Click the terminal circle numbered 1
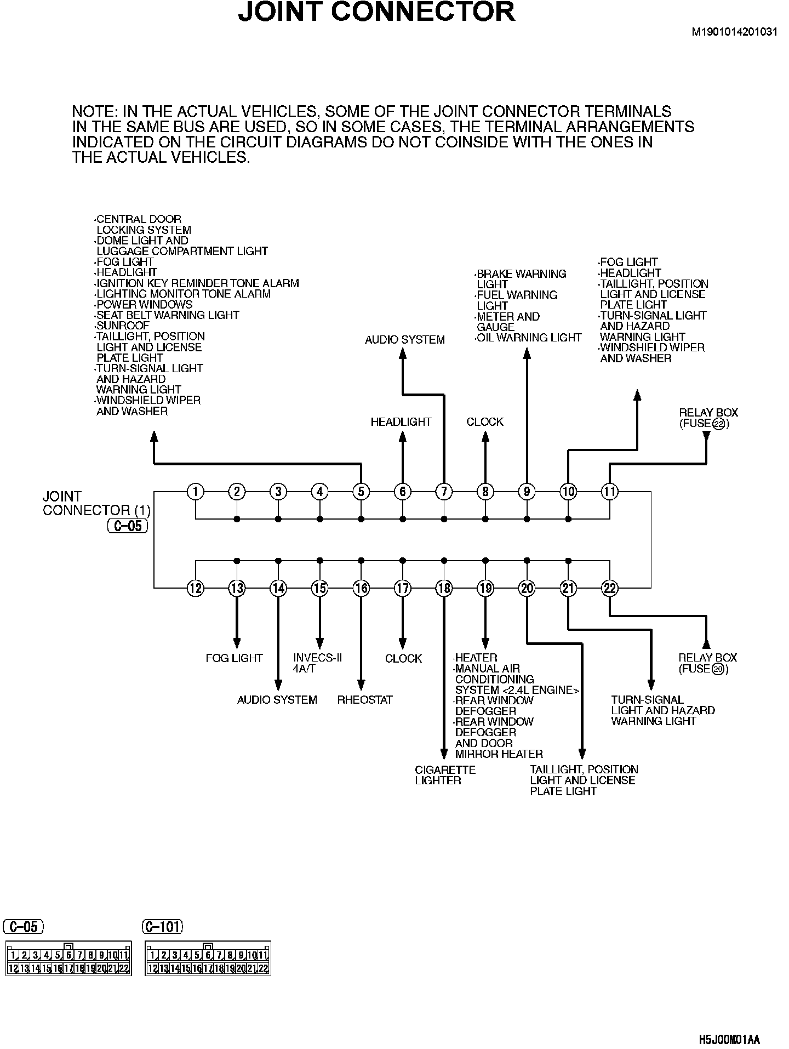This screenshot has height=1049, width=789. [195, 492]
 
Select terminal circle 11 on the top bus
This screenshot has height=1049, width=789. [609, 492]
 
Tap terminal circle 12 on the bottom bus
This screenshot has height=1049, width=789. [195, 588]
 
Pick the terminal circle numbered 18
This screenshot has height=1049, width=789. [444, 588]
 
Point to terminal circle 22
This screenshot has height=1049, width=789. [609, 588]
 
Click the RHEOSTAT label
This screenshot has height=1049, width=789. [365, 700]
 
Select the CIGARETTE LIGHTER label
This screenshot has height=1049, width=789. [445, 775]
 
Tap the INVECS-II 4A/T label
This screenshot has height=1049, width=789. [317, 663]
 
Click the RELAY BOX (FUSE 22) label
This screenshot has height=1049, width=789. [708, 418]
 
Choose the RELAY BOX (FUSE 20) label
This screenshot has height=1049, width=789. [707, 663]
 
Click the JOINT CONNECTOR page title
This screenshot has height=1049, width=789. [376, 12]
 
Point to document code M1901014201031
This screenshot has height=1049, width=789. [734, 31]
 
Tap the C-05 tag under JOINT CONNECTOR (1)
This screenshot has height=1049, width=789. [128, 527]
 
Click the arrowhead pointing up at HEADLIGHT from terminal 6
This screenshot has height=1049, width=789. [403, 437]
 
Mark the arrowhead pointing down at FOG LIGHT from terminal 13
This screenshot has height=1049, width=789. [237, 643]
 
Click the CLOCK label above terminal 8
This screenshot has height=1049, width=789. [485, 421]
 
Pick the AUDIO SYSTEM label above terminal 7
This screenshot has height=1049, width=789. [405, 340]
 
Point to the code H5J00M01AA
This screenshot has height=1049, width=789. [729, 1040]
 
